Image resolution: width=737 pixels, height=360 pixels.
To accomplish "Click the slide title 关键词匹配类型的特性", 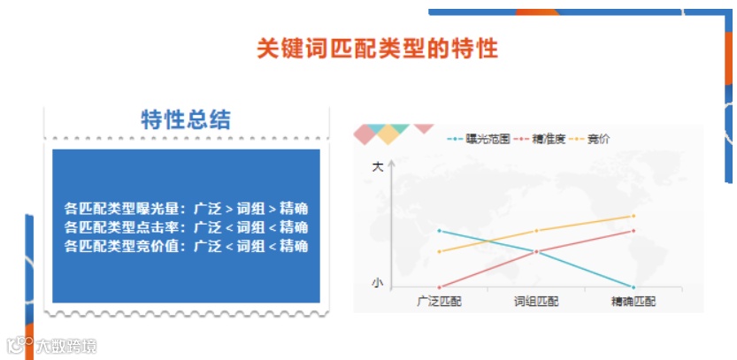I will click(x=377, y=48).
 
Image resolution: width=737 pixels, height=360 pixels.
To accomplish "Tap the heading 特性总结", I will click(x=186, y=120).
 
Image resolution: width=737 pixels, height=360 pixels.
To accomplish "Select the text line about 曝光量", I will click(x=186, y=209).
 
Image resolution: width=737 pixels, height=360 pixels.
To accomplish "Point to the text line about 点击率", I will click(x=186, y=227).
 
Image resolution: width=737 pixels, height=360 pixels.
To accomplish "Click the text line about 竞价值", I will click(x=186, y=246).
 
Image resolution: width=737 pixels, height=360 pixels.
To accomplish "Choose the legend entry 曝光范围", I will click(x=479, y=139).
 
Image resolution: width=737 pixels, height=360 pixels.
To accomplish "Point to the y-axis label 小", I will click(x=378, y=283).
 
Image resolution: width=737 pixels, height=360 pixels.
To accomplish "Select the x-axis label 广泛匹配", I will click(x=439, y=302).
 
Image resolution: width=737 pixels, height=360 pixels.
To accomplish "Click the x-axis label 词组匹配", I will click(x=536, y=302).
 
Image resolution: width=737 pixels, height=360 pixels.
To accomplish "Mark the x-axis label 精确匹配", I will click(x=633, y=302).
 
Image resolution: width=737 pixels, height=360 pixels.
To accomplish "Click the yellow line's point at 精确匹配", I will click(x=633, y=216).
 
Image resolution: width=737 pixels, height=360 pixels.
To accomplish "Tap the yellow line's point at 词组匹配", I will click(x=536, y=231).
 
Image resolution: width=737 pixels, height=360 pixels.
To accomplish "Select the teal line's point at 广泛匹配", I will click(x=439, y=231).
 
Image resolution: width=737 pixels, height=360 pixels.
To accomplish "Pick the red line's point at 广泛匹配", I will click(x=439, y=287).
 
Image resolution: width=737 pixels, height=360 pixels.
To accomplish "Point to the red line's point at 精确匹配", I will click(x=633, y=231).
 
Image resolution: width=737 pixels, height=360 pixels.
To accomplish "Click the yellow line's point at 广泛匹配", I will click(x=439, y=251).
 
